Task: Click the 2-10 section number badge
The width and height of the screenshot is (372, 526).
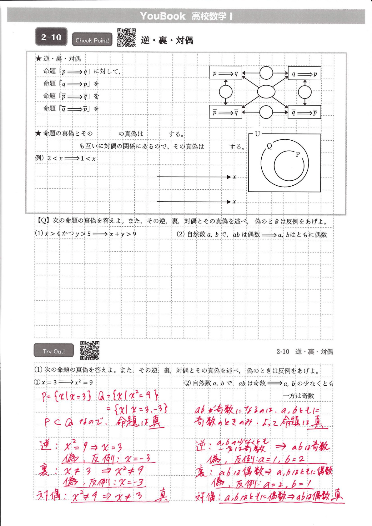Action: pos(51,37)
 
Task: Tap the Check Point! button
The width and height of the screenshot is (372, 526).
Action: pos(92,40)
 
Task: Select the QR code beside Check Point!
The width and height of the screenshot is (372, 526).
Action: pos(126,38)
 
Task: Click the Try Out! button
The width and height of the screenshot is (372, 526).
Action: pos(54,351)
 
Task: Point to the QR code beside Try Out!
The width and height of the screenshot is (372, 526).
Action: pos(90,350)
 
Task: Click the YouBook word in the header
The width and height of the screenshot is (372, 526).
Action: pos(163,16)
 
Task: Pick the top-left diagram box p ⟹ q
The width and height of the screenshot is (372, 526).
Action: pos(225,73)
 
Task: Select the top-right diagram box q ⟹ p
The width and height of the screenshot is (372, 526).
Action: pos(304,74)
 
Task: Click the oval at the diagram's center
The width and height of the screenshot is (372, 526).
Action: pos(266,92)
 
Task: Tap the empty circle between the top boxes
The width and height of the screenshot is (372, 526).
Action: pos(266,73)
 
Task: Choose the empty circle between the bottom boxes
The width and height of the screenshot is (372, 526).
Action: pos(266,112)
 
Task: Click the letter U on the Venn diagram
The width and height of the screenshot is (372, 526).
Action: pos(258,134)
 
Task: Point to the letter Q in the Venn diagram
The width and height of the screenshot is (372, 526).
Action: pos(269,146)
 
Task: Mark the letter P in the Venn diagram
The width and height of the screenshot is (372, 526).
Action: pos(298,154)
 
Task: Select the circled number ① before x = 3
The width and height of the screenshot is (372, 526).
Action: pos(37,382)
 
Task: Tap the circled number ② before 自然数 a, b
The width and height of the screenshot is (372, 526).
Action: pos(187,383)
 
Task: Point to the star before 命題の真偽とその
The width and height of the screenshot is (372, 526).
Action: pos(38,133)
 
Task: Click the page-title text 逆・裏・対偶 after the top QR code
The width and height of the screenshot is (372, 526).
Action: pos(167,40)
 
